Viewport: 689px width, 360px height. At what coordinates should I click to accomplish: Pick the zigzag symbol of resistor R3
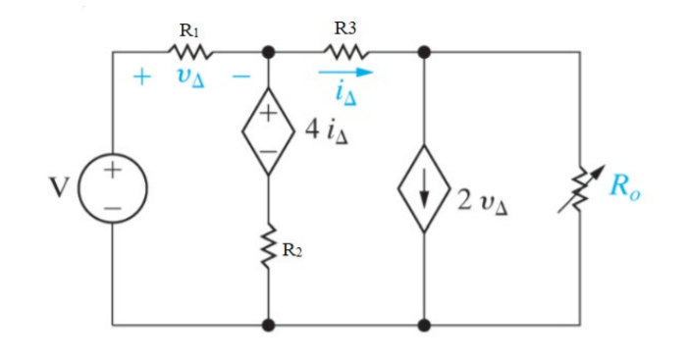(x=350, y=50)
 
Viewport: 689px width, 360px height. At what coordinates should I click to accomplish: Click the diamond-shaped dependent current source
(x=425, y=192)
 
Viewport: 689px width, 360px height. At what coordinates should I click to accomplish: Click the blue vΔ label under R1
(x=190, y=78)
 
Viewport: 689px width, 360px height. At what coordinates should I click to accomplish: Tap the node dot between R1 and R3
(x=268, y=50)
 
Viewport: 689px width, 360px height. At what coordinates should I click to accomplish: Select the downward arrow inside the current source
(x=425, y=192)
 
